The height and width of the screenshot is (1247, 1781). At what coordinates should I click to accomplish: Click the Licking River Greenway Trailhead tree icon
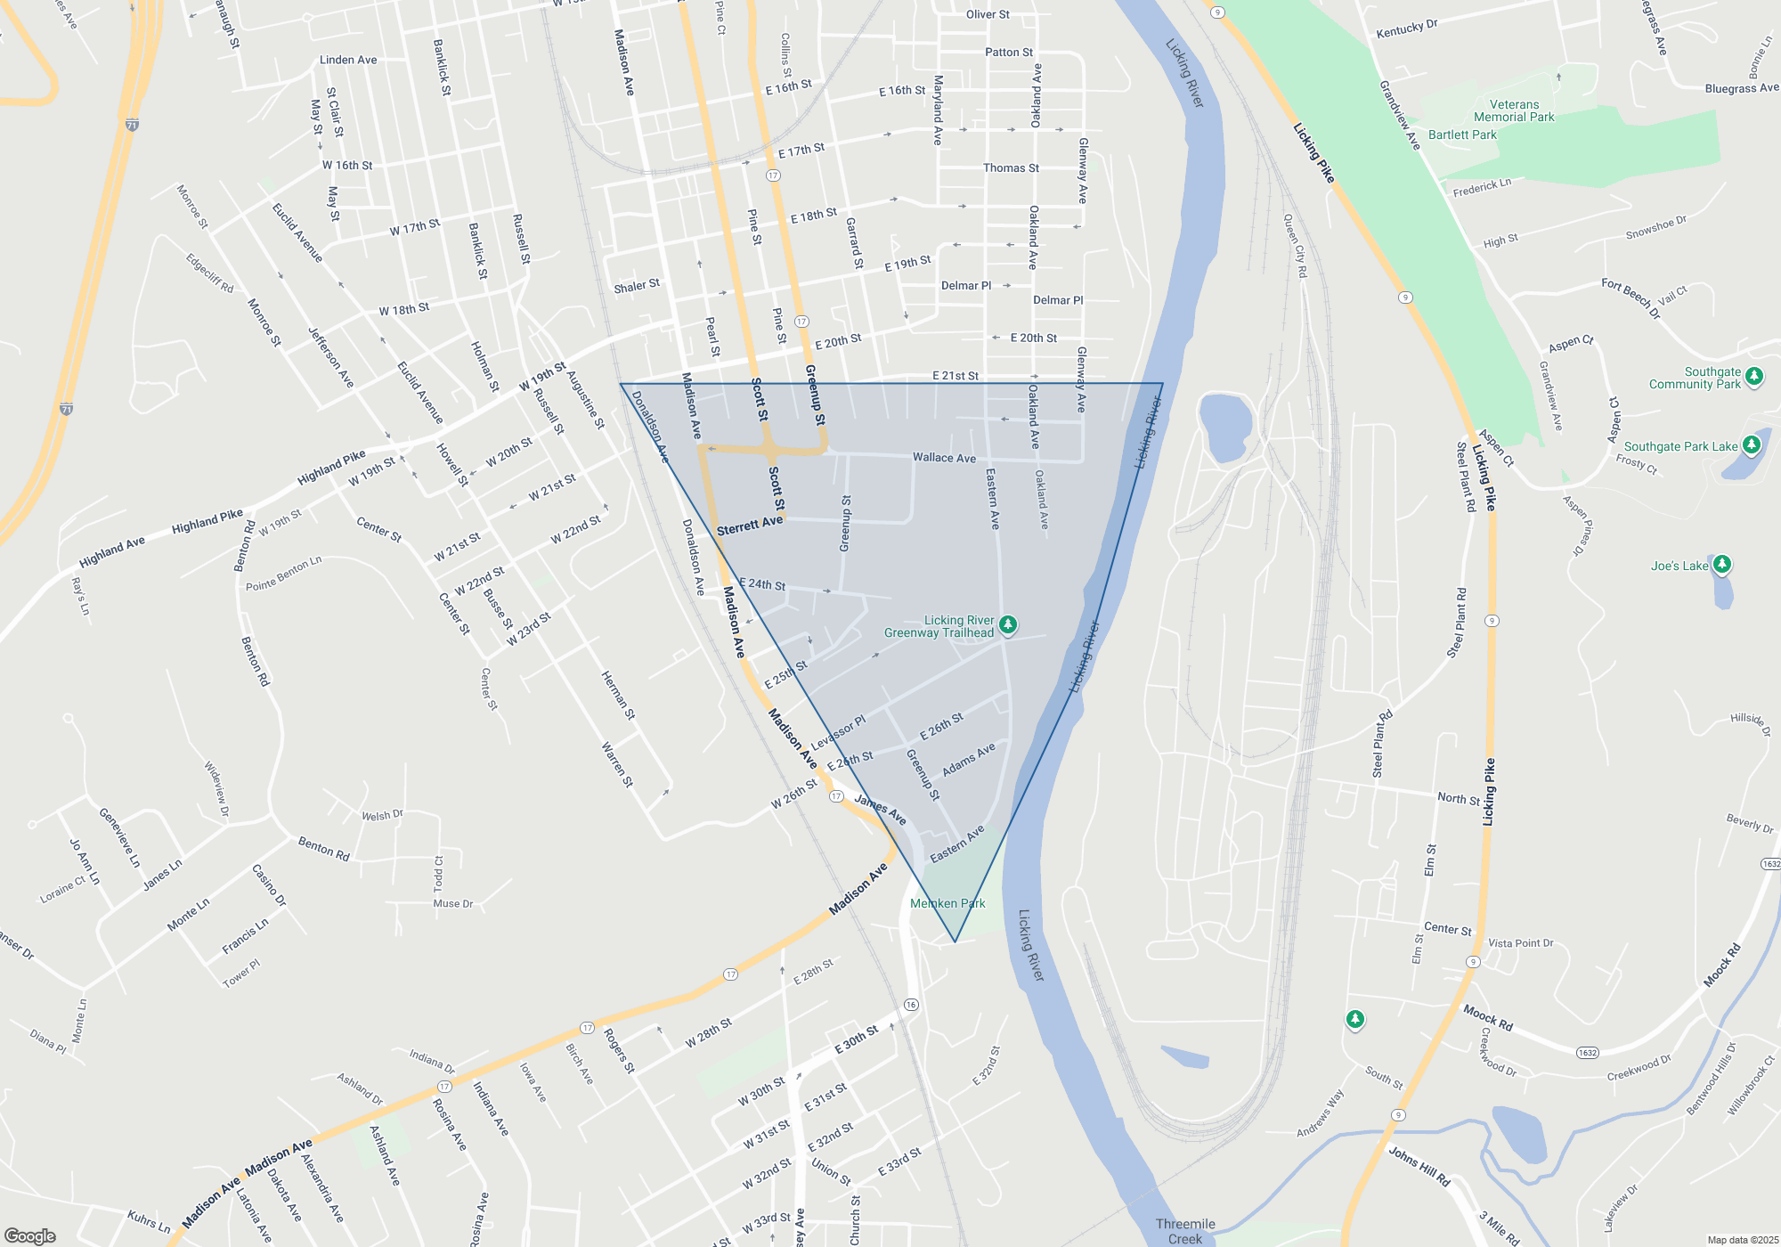tap(1008, 624)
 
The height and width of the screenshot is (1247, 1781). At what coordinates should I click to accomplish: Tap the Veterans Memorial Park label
tap(1514, 110)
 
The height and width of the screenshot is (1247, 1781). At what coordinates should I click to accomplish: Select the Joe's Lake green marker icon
tap(1722, 564)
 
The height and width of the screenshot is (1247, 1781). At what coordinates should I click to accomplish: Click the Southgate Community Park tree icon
tap(1754, 376)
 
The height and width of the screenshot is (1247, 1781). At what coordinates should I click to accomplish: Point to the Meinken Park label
tap(947, 903)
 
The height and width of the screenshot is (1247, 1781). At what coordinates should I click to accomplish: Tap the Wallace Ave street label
tap(944, 458)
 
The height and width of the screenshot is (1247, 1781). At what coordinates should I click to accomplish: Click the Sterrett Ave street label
tap(750, 526)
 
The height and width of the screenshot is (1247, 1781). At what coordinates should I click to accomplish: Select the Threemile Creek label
tap(1185, 1231)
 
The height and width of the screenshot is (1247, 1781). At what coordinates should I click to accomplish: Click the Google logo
tap(30, 1235)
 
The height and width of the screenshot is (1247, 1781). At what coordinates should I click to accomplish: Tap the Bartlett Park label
tap(1462, 134)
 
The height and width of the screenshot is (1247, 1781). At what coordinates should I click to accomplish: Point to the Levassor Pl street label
tap(838, 732)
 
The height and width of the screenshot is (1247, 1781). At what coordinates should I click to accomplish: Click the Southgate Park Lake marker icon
tap(1752, 444)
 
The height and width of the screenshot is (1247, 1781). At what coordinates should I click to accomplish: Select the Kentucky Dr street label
tap(1407, 29)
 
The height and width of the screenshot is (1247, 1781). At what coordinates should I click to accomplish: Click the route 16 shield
tap(910, 1005)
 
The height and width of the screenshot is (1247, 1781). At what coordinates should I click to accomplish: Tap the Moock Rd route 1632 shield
tap(1587, 1053)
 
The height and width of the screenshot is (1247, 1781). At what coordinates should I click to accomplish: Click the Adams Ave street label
tap(969, 760)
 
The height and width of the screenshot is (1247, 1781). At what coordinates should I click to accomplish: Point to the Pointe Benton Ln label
tap(284, 574)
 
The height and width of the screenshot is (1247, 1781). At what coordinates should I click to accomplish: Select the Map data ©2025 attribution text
tap(1743, 1240)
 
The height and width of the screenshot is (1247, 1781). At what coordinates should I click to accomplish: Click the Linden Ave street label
tap(348, 60)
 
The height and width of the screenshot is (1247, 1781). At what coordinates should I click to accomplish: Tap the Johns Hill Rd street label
tap(1419, 1167)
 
